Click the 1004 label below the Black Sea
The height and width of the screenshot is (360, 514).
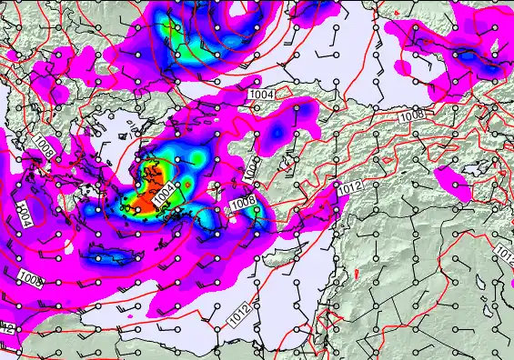pyautogui.click(x=263, y=93)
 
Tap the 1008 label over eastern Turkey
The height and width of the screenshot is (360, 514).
pyautogui.click(x=411, y=115)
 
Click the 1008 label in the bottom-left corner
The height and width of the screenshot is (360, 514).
pyautogui.click(x=30, y=277)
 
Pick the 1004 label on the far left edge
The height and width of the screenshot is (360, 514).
pyautogui.click(x=25, y=215)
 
